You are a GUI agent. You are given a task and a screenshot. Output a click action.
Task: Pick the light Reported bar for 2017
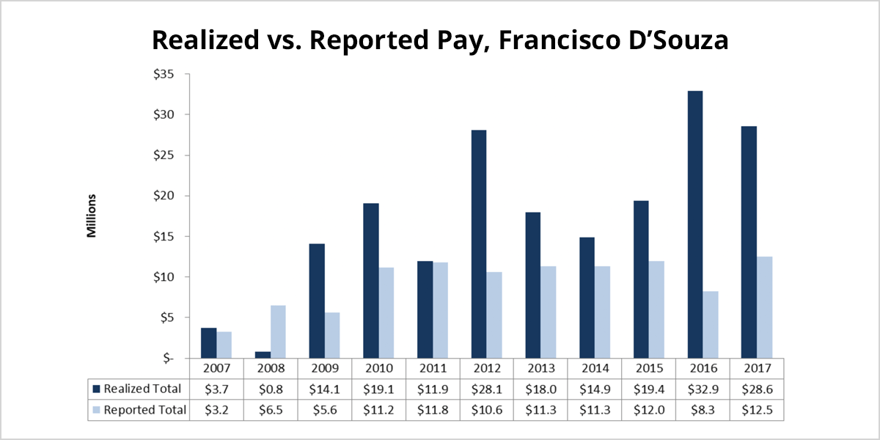pos(764,307)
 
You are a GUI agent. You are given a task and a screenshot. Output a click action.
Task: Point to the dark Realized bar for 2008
pos(262,355)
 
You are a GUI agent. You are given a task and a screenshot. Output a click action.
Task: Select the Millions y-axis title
pos(92,216)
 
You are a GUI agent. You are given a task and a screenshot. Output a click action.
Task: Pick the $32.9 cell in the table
pos(703,389)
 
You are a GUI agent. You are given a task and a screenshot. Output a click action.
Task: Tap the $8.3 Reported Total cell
pos(703,410)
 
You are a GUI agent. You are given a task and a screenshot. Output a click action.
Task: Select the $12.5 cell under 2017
pos(757,410)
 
